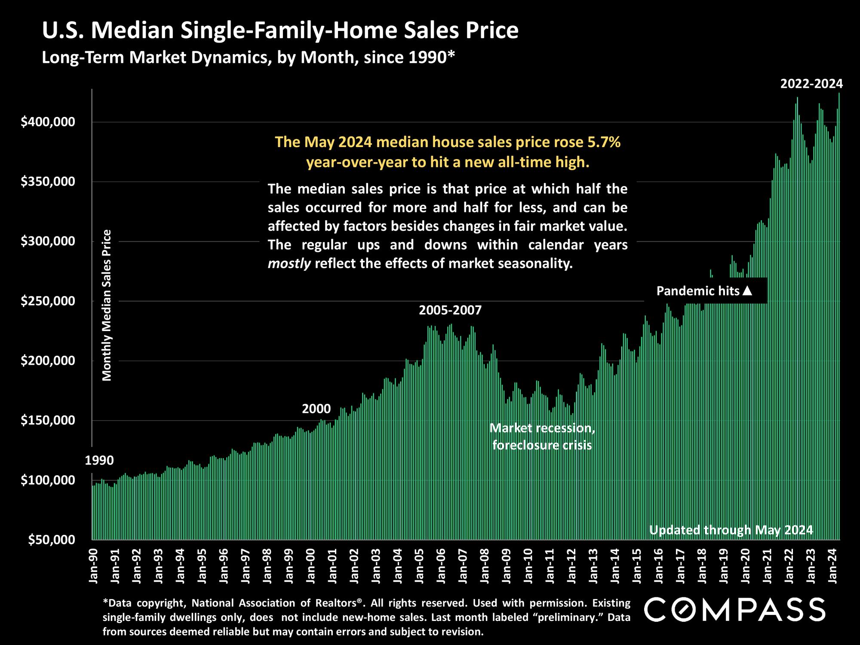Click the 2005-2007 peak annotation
pos(450,310)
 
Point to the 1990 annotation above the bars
pos(99,461)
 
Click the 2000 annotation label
pos(316,408)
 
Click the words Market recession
pos(542,428)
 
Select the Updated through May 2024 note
pos(731,530)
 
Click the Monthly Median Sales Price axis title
pos(107,305)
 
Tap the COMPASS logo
pos(735,609)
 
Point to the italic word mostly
pos(289,264)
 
